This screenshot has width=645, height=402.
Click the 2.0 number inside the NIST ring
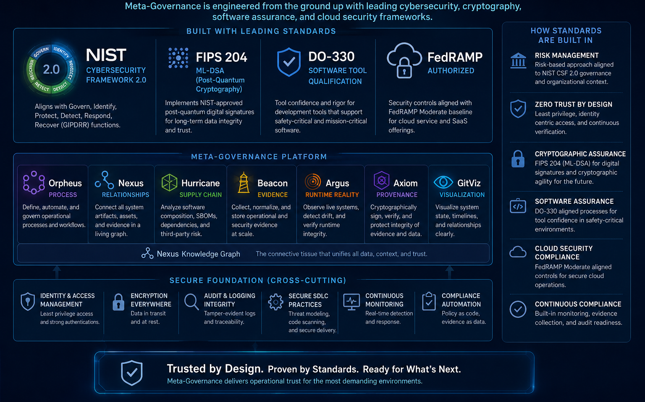point(51,69)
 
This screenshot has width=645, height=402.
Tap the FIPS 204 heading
point(221,57)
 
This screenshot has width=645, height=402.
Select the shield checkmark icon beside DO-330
point(289,62)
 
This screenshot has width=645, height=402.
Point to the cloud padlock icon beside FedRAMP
point(404,61)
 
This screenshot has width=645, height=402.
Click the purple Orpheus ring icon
point(34,182)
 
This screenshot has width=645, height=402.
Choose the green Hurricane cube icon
point(169,183)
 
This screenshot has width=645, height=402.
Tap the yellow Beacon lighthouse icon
point(244,183)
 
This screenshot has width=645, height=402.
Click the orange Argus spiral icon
point(313,182)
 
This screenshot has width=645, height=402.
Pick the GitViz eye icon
point(443,182)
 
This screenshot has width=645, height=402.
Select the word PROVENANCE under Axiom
point(397,195)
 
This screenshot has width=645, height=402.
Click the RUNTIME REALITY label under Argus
point(332,195)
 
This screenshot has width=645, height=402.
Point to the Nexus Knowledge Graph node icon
point(147,253)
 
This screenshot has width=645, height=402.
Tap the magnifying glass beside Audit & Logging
point(191,302)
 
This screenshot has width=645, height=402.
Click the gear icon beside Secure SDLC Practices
point(275,302)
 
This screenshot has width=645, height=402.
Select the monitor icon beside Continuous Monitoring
point(351,302)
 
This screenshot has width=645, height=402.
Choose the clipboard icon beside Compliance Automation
point(429,301)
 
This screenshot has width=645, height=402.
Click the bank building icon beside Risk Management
point(518,60)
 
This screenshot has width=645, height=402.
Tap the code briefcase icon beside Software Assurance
point(518,206)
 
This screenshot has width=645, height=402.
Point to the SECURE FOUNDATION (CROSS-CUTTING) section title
point(258,281)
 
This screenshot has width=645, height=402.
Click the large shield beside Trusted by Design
point(131,373)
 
